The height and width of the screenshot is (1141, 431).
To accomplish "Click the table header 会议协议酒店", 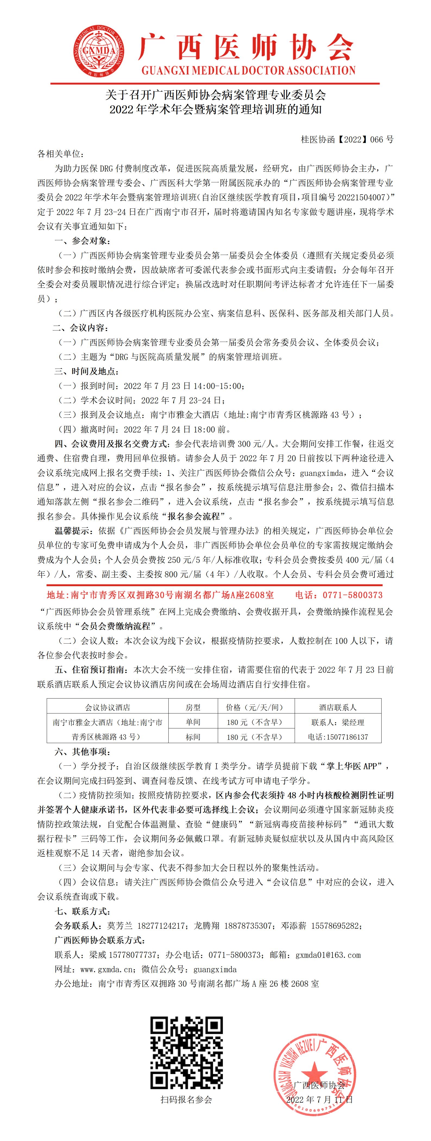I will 108,707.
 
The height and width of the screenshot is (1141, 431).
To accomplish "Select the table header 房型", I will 193,707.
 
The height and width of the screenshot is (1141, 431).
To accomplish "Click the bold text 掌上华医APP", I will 358,766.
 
